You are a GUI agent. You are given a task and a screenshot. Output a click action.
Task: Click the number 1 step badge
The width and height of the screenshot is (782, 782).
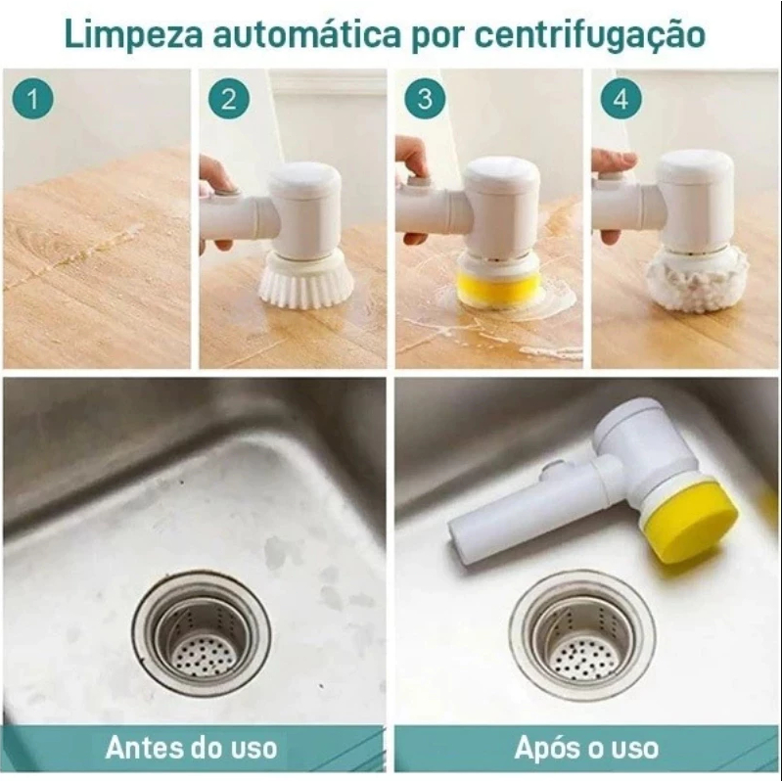pyautogui.click(x=33, y=99)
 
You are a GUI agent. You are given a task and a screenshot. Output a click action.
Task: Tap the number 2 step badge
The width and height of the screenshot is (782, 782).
pyautogui.click(x=229, y=99)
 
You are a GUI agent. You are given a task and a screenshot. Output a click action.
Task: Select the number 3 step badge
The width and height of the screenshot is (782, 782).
pyautogui.click(x=424, y=99)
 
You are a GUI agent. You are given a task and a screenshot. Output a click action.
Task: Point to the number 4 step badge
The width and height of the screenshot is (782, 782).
pyautogui.click(x=626, y=99)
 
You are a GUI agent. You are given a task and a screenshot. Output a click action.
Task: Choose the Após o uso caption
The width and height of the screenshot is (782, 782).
pyautogui.click(x=586, y=749)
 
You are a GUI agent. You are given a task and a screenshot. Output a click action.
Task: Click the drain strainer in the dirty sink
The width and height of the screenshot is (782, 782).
pyautogui.click(x=202, y=633)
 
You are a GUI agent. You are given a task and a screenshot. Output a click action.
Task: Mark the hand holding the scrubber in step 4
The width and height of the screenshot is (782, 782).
pyautogui.click(x=611, y=166)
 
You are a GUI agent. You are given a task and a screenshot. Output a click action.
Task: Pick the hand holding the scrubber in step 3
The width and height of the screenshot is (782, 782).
pyautogui.click(x=412, y=161)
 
